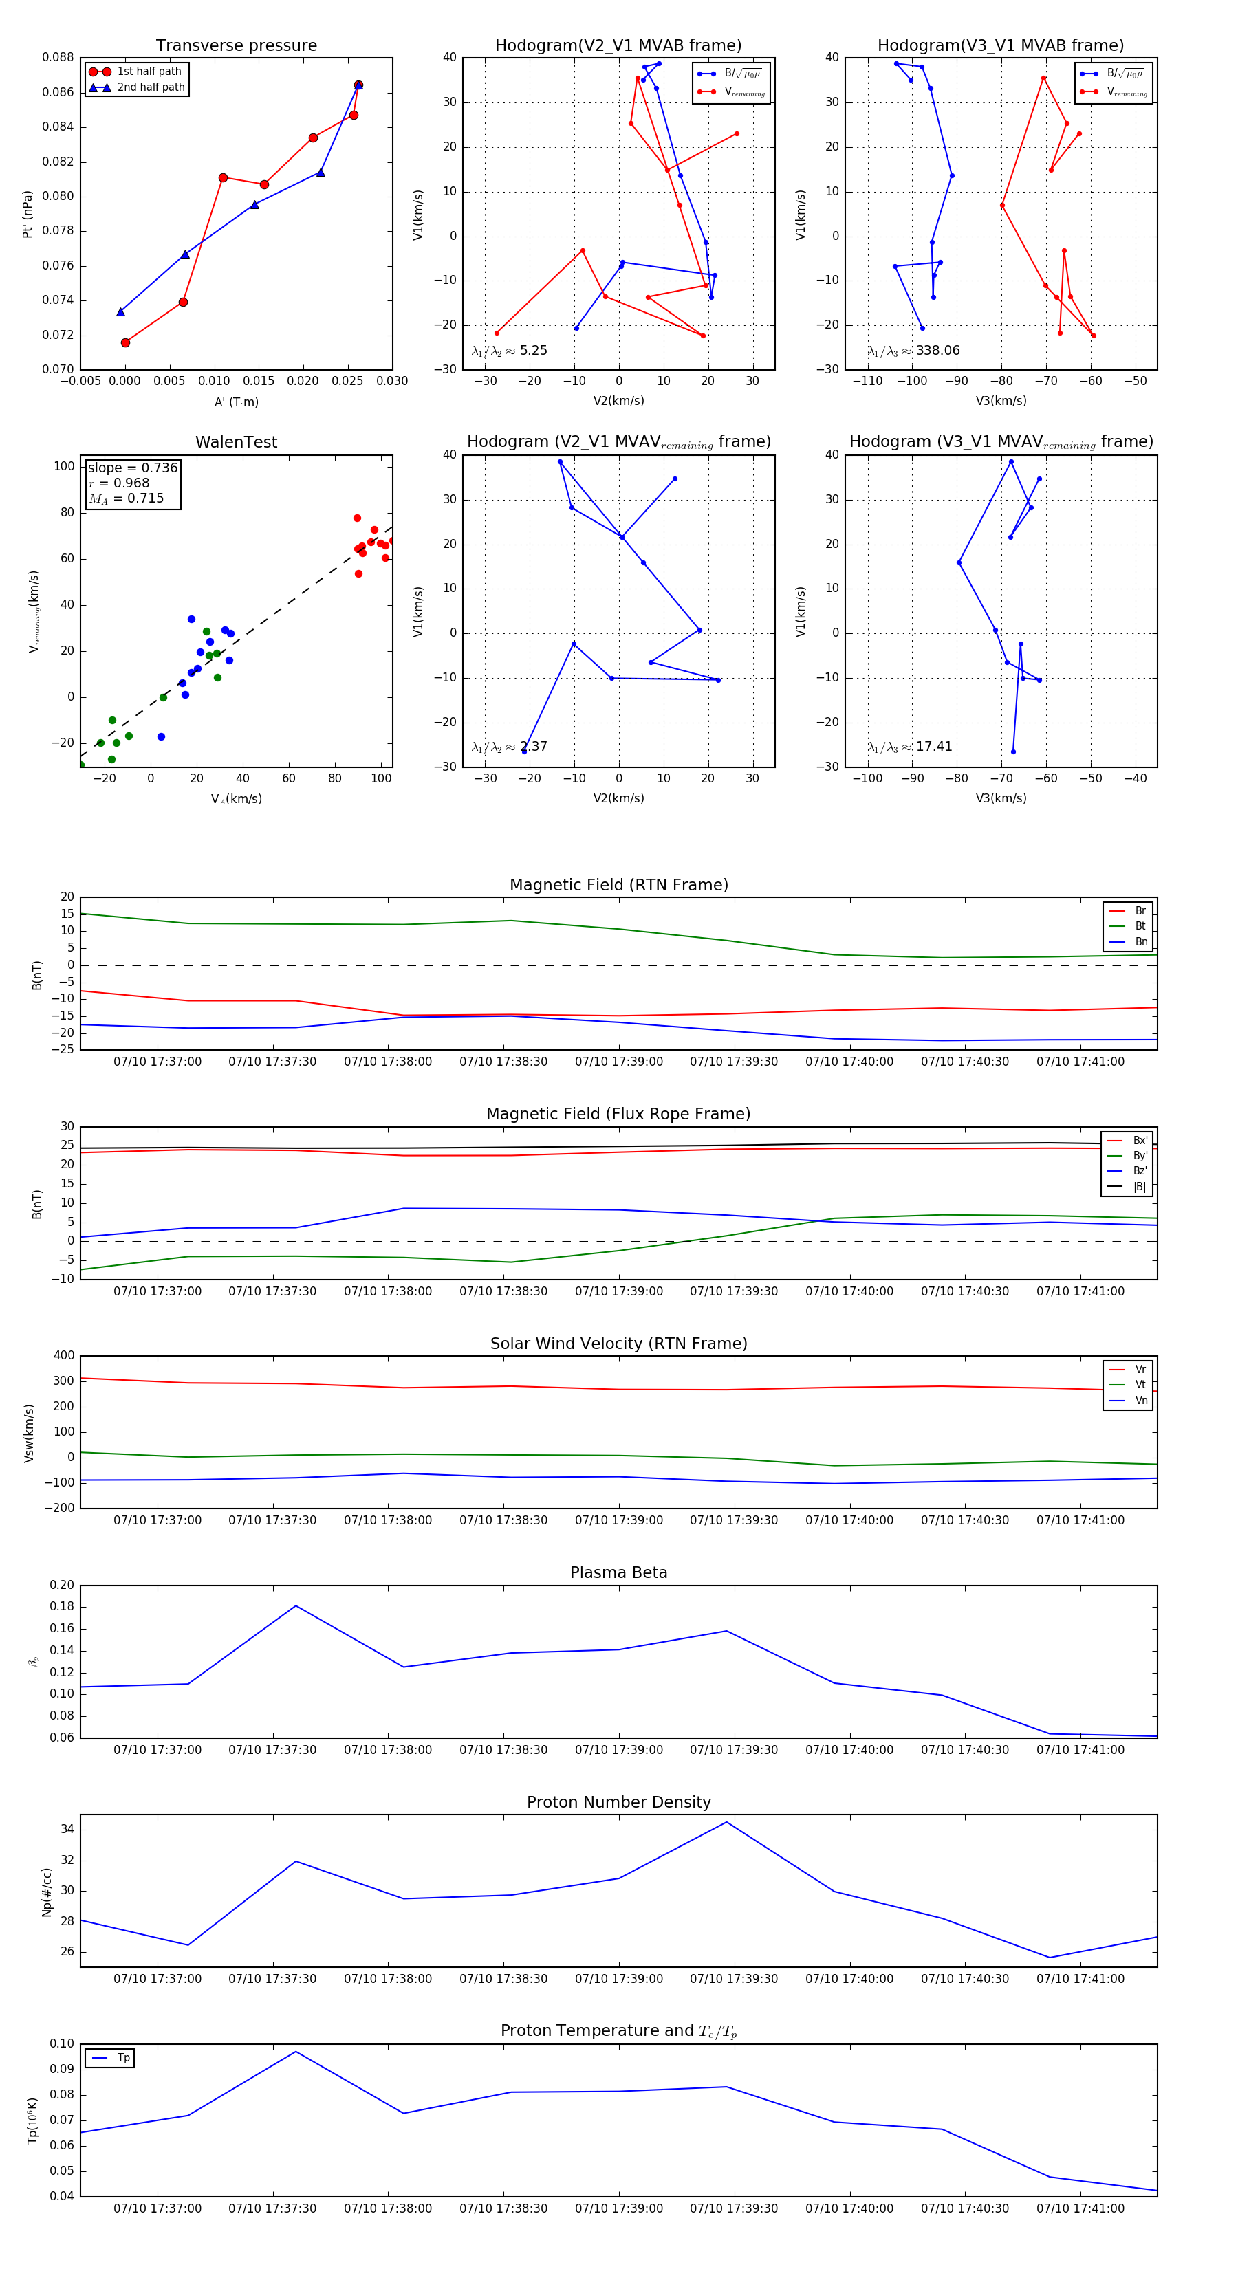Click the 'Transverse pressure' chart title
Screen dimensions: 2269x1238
[x=236, y=46]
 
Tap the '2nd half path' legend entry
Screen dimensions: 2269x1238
[x=151, y=87]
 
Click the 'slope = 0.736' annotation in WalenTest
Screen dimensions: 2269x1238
[x=132, y=468]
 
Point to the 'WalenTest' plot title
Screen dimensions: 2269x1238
[x=236, y=442]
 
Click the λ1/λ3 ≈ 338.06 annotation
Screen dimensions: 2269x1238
[x=914, y=351]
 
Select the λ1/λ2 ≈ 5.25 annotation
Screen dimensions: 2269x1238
[x=509, y=351]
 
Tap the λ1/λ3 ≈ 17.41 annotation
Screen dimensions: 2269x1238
[x=910, y=747]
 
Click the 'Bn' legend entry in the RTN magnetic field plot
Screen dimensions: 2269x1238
[x=1140, y=941]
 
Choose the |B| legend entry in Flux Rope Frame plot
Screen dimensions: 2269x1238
[x=1138, y=1187]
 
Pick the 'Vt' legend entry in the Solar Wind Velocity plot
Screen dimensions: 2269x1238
[x=1140, y=1385]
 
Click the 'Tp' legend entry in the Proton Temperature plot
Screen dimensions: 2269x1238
[x=122, y=2058]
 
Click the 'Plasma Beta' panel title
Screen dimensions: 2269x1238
[x=618, y=1572]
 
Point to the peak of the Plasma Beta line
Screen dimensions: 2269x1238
[x=296, y=1605]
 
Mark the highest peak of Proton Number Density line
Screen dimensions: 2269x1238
[x=727, y=1821]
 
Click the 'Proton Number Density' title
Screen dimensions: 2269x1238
[x=618, y=1801]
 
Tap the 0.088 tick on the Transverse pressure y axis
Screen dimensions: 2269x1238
[x=58, y=57]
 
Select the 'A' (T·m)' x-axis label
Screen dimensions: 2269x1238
[x=236, y=402]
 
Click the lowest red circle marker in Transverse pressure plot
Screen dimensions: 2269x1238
[x=125, y=342]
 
